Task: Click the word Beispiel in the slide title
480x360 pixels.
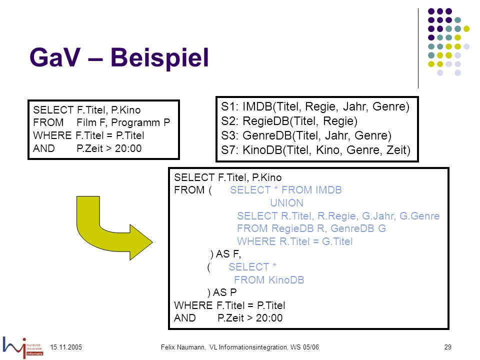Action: click(x=159, y=58)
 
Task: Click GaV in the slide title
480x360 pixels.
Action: click(x=55, y=57)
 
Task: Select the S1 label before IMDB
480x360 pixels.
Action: click(x=229, y=106)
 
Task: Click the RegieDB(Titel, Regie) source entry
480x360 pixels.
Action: click(x=300, y=121)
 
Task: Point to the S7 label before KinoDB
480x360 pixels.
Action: click(x=229, y=150)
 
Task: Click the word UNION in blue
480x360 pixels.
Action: click(x=286, y=203)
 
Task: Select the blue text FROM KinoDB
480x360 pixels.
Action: click(x=269, y=280)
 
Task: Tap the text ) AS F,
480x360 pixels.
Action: click(x=225, y=254)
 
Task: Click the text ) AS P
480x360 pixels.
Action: click(x=222, y=292)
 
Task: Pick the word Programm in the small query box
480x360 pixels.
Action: click(x=135, y=122)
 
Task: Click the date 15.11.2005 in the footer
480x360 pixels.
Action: click(x=66, y=347)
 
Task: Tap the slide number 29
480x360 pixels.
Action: click(x=448, y=347)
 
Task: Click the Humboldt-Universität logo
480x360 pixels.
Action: click(x=23, y=347)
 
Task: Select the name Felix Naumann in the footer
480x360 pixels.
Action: click(x=183, y=347)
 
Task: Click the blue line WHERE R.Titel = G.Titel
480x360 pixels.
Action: click(x=295, y=241)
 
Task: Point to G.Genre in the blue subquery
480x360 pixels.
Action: click(x=419, y=216)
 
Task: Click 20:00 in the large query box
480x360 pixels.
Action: click(x=269, y=318)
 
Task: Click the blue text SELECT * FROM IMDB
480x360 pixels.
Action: click(x=286, y=190)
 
